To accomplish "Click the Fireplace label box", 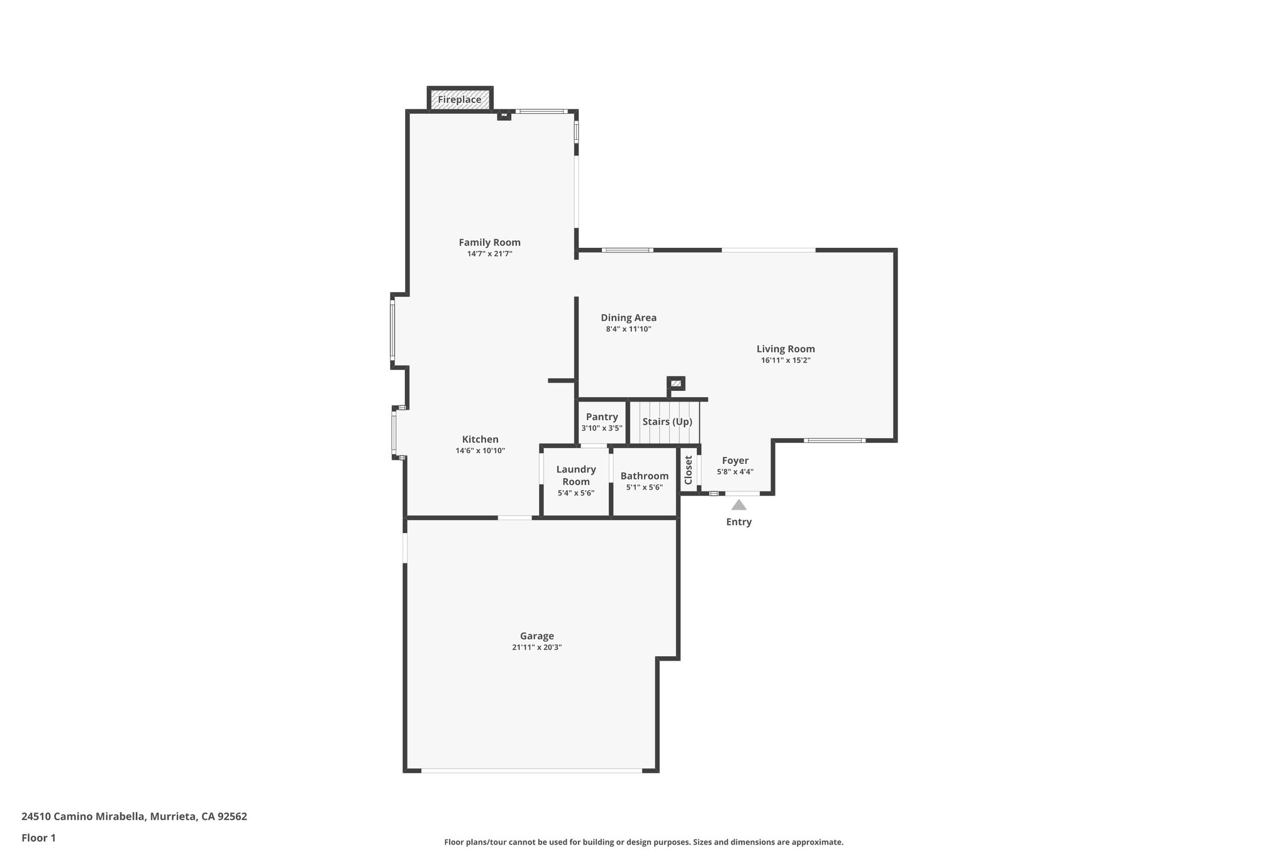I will (x=460, y=99).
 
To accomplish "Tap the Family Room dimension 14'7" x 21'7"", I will (x=489, y=254).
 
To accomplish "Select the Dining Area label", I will (x=628, y=318).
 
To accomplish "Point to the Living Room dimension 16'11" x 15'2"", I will (x=786, y=361).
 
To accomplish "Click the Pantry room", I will (x=602, y=422).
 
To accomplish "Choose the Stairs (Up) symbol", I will (x=667, y=422).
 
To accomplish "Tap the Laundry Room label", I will (x=575, y=475).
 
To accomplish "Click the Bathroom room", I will (x=644, y=481).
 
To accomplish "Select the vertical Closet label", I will (x=688, y=470).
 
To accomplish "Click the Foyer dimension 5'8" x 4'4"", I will (x=735, y=472).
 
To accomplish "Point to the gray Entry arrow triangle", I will (x=738, y=505).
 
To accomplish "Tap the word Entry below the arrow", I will (x=738, y=522).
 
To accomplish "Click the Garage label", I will (x=536, y=636).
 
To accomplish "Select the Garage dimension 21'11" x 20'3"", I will (x=536, y=648).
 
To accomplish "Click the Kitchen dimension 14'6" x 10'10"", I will (x=480, y=451).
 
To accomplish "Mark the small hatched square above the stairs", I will (x=676, y=383).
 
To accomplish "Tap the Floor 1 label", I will (x=38, y=838).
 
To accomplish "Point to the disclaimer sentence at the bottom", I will (x=643, y=842).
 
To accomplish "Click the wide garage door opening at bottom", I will (x=531, y=770).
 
